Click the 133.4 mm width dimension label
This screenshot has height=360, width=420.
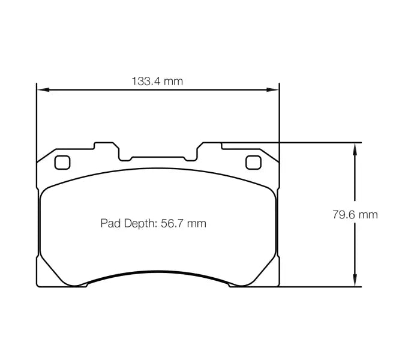click(x=157, y=81)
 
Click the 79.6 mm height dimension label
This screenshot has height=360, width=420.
click(x=355, y=214)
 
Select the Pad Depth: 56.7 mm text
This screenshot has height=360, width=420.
click(x=153, y=224)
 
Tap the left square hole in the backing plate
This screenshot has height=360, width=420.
click(x=62, y=162)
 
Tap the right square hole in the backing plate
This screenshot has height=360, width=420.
click(x=254, y=162)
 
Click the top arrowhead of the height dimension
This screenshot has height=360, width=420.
click(x=355, y=148)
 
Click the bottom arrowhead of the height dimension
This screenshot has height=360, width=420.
click(x=355, y=281)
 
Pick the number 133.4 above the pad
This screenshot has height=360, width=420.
click(x=147, y=81)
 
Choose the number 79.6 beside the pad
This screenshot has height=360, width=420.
click(x=344, y=214)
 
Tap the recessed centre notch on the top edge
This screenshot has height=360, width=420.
click(x=158, y=158)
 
